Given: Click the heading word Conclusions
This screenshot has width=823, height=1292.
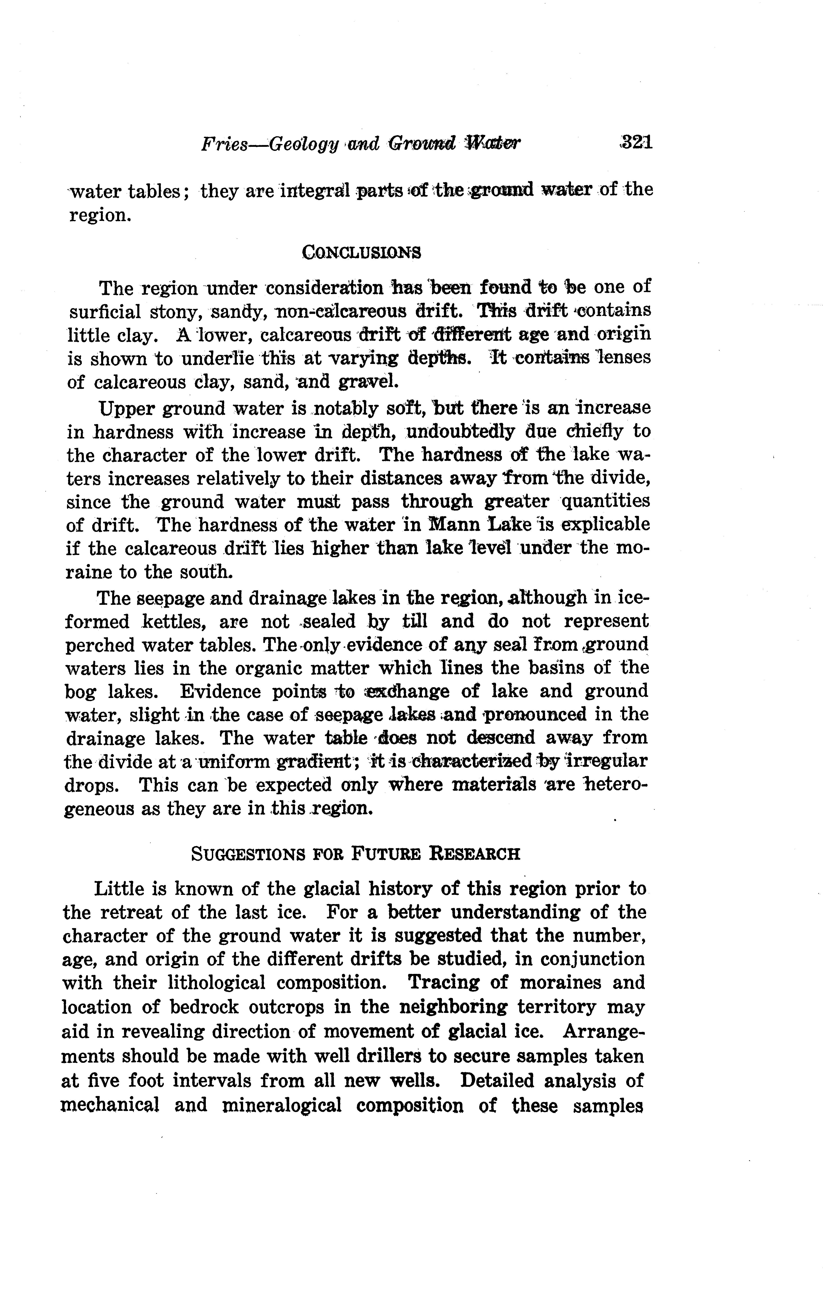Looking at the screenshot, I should click(x=361, y=252).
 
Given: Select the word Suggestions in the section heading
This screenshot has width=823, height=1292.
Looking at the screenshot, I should click(x=248, y=853).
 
